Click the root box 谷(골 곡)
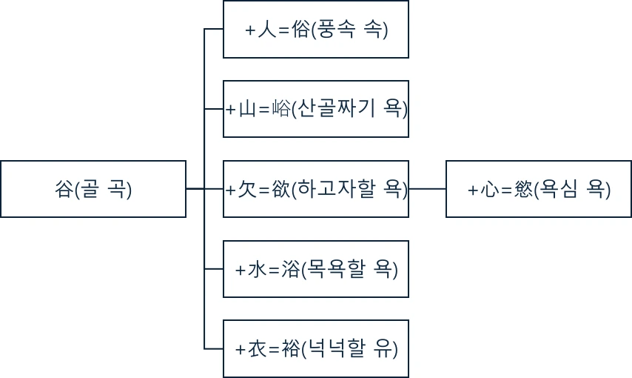click(93, 189)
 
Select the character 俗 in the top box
click(302, 30)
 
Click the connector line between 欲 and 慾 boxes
click(427, 189)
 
